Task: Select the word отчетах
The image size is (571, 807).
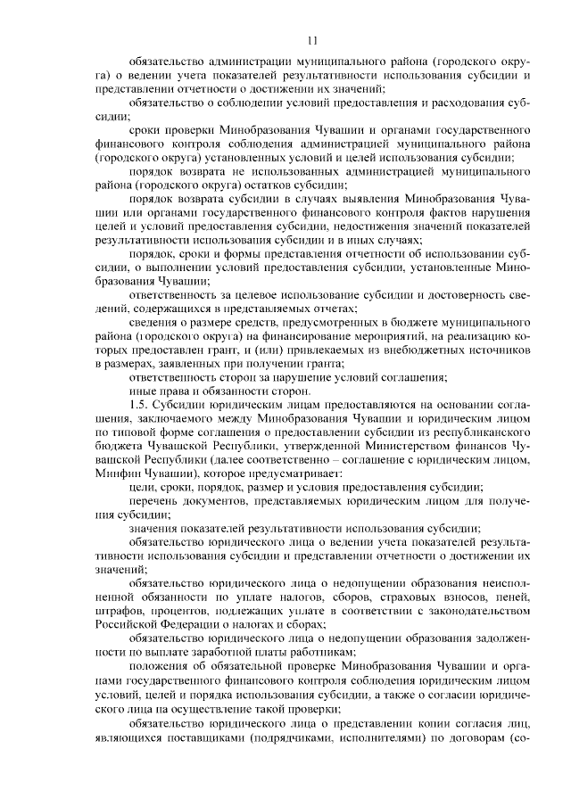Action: click(308, 308)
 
